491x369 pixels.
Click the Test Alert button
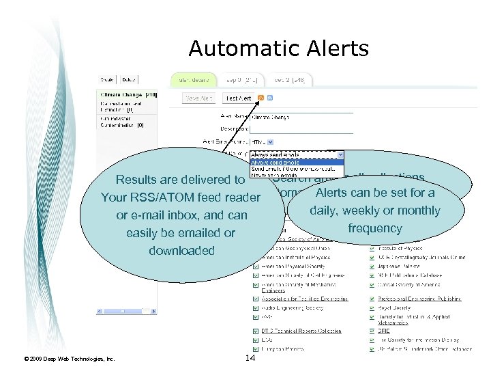tap(238, 98)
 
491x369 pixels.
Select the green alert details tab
tap(193, 80)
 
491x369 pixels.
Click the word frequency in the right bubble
tap(374, 228)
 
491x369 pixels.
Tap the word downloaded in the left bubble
tap(181, 251)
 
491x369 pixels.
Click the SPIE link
tap(383, 330)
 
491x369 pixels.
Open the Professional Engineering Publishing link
tap(419, 299)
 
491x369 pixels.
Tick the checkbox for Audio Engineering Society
tap(256, 307)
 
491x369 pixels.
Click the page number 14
tap(250, 358)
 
